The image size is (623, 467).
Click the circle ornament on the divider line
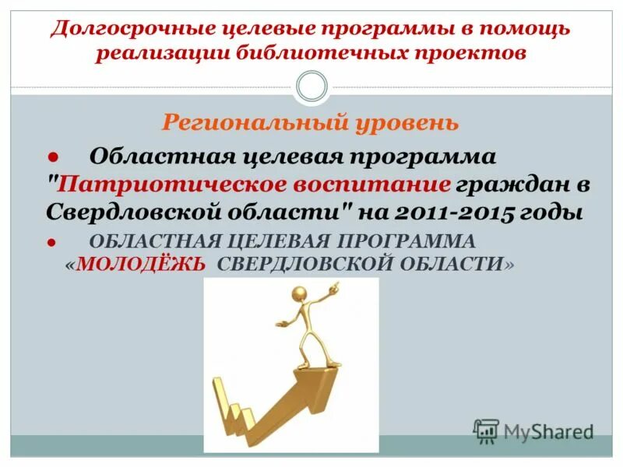pos(312,86)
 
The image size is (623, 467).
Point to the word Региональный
pos(244,123)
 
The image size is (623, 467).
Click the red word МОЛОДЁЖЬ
pos(141,264)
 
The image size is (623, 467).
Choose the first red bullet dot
pos(54,156)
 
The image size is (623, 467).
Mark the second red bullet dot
pos(54,242)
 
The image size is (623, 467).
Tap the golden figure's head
pos(297,293)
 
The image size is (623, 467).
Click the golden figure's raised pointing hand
pos(335,286)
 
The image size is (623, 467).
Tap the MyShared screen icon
pos(486,430)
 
